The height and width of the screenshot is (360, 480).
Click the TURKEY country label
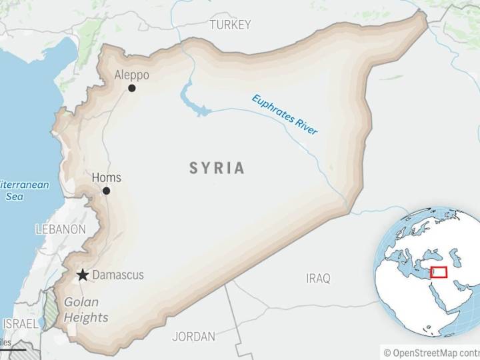(x=230, y=25)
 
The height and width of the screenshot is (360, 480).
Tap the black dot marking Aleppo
(x=132, y=88)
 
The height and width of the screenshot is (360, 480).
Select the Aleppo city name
(x=131, y=75)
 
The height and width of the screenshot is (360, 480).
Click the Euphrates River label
(x=285, y=115)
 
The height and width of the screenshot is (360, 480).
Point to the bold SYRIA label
(x=217, y=168)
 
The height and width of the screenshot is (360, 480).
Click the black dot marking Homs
(x=106, y=191)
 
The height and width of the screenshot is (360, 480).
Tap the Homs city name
(x=106, y=177)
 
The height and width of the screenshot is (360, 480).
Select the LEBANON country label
(x=61, y=229)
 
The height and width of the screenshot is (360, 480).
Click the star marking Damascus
(x=83, y=275)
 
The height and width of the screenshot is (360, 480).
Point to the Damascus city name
(x=117, y=275)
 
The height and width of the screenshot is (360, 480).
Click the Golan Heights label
(x=85, y=310)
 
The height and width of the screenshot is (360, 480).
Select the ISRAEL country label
(x=20, y=323)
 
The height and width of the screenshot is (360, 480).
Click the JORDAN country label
(x=193, y=337)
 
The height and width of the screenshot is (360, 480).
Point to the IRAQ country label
(x=318, y=279)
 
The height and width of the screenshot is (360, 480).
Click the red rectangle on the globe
(x=439, y=272)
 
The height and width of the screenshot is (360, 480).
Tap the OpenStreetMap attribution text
(x=431, y=353)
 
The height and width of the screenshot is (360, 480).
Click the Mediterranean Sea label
(x=20, y=191)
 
